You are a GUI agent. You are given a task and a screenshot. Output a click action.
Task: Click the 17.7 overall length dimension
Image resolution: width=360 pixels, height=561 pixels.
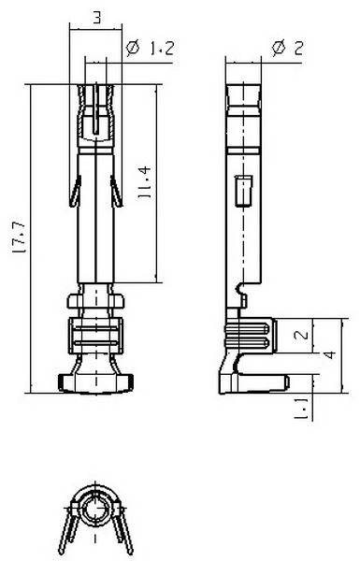[x=19, y=237]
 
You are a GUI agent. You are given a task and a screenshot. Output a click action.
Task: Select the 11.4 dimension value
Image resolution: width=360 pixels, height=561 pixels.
[x=145, y=182]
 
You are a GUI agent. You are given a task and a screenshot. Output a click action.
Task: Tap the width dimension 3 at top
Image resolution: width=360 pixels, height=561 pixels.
[x=96, y=17]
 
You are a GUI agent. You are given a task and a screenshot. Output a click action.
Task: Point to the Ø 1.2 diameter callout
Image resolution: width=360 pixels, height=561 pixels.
[x=150, y=48]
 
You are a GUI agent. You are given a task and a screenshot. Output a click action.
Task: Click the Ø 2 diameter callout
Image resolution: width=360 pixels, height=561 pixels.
[x=287, y=48]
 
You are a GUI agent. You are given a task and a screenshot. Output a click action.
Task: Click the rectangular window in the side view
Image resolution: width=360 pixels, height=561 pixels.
[x=243, y=191]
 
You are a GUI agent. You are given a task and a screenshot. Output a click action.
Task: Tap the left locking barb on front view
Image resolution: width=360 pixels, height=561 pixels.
[x=75, y=192]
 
